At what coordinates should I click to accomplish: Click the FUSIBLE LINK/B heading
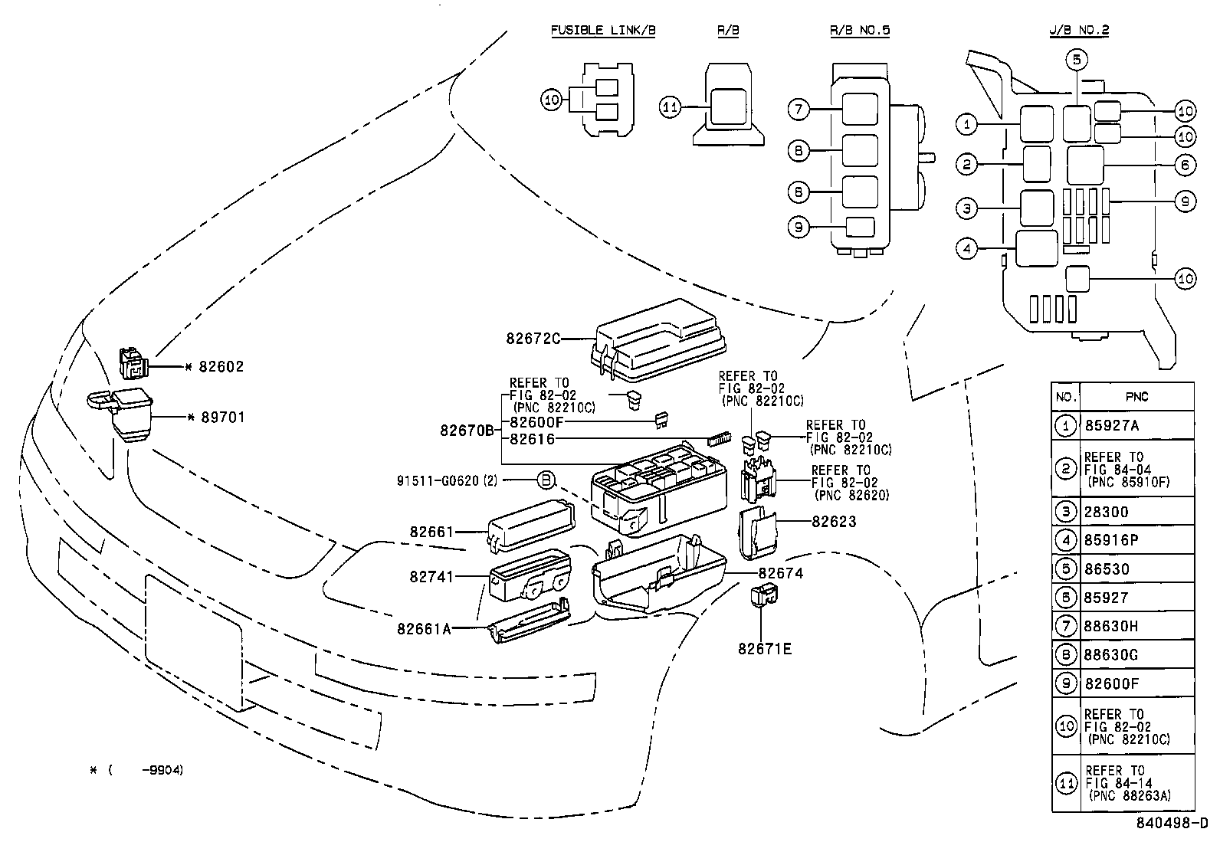[603, 31]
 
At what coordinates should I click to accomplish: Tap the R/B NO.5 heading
[860, 31]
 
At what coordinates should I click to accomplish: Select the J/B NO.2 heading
[1079, 31]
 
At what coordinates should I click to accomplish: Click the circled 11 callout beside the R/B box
[670, 107]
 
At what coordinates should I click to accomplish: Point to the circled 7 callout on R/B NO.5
[799, 110]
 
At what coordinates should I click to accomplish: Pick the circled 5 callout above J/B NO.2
[1077, 59]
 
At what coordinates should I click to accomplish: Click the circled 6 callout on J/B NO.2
[1186, 165]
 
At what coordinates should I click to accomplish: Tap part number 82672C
[533, 339]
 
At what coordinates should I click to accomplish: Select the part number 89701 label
[223, 418]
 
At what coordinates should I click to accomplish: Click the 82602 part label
[221, 366]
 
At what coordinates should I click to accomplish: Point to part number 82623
[834, 522]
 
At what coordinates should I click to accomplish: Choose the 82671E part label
[765, 649]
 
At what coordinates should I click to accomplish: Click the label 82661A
[424, 630]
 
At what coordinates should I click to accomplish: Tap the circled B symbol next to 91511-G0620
[546, 480]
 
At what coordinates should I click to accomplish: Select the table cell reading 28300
[1106, 512]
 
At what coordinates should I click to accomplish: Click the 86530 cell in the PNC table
[1107, 569]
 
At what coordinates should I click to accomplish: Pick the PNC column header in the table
[1136, 397]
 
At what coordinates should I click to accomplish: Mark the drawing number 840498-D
[1172, 822]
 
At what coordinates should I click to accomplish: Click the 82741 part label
[431, 577]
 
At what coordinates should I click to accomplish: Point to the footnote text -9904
[162, 770]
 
